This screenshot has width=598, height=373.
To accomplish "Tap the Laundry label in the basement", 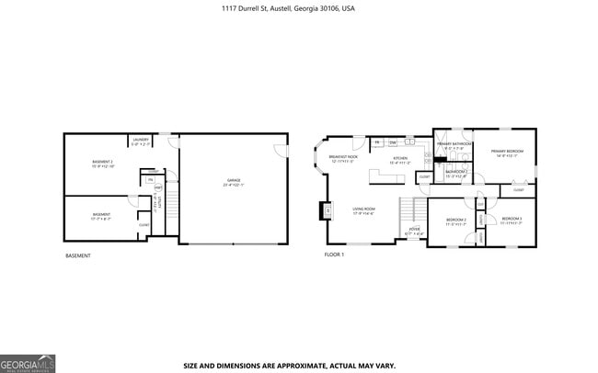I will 140,141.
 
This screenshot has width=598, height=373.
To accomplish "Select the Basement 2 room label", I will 102,164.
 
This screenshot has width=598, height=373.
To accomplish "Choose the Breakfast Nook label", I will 342,159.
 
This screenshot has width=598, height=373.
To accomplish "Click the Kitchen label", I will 399,159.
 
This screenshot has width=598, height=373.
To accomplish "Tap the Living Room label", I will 363,210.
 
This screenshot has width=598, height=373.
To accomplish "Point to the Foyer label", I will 416,232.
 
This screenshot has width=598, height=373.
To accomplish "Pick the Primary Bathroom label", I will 454,145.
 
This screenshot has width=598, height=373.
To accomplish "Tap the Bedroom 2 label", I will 456,221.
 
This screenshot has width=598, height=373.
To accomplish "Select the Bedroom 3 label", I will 512,221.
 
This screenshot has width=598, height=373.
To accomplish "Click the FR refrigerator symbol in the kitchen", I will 377,142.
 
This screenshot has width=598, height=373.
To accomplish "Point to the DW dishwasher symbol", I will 393,142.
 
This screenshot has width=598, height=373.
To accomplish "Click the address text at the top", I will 288,8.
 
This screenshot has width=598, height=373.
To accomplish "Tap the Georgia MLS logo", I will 28,363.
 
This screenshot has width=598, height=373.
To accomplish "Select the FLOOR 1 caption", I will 334,254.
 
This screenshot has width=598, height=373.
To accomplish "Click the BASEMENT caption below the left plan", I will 78,254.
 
